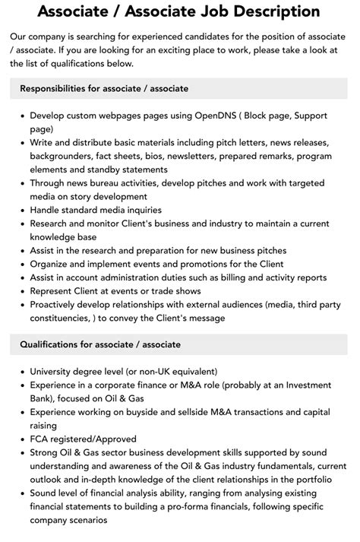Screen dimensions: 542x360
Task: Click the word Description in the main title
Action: tap(259, 12)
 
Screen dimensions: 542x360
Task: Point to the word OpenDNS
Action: tap(191, 117)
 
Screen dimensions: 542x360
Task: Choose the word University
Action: tap(55, 372)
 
